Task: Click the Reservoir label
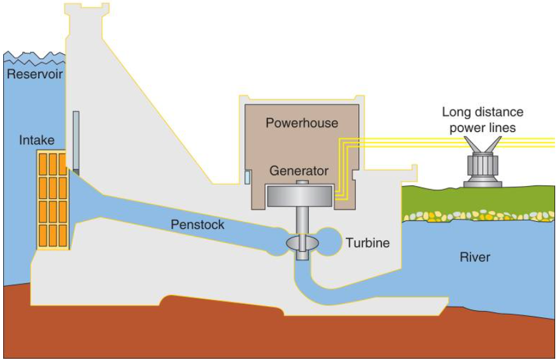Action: pyautogui.click(x=35, y=75)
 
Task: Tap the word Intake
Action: pyautogui.click(x=36, y=140)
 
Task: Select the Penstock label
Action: pyautogui.click(x=197, y=224)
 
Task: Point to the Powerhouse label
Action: pyautogui.click(x=302, y=122)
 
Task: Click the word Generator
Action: pyautogui.click(x=299, y=171)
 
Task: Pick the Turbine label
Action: pyautogui.click(x=368, y=243)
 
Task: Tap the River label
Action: pyautogui.click(x=475, y=257)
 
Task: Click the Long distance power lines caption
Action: pyautogui.click(x=483, y=120)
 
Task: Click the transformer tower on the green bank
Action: pyautogui.click(x=482, y=168)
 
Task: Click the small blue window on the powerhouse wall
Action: pyautogui.click(x=247, y=176)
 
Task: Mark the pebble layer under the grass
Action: pyautogui.click(x=478, y=215)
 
